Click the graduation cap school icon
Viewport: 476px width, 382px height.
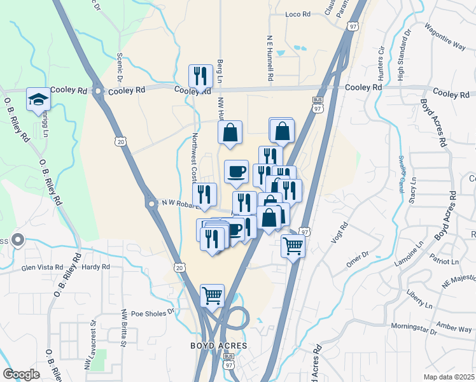38,99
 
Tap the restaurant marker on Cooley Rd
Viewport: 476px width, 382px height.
200,76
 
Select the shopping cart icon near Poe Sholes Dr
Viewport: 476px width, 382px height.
213,295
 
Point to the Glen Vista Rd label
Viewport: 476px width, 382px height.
43,268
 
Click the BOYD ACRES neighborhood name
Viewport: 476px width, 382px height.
218,346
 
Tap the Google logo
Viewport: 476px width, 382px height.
21,374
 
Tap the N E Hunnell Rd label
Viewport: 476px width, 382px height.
270,57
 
